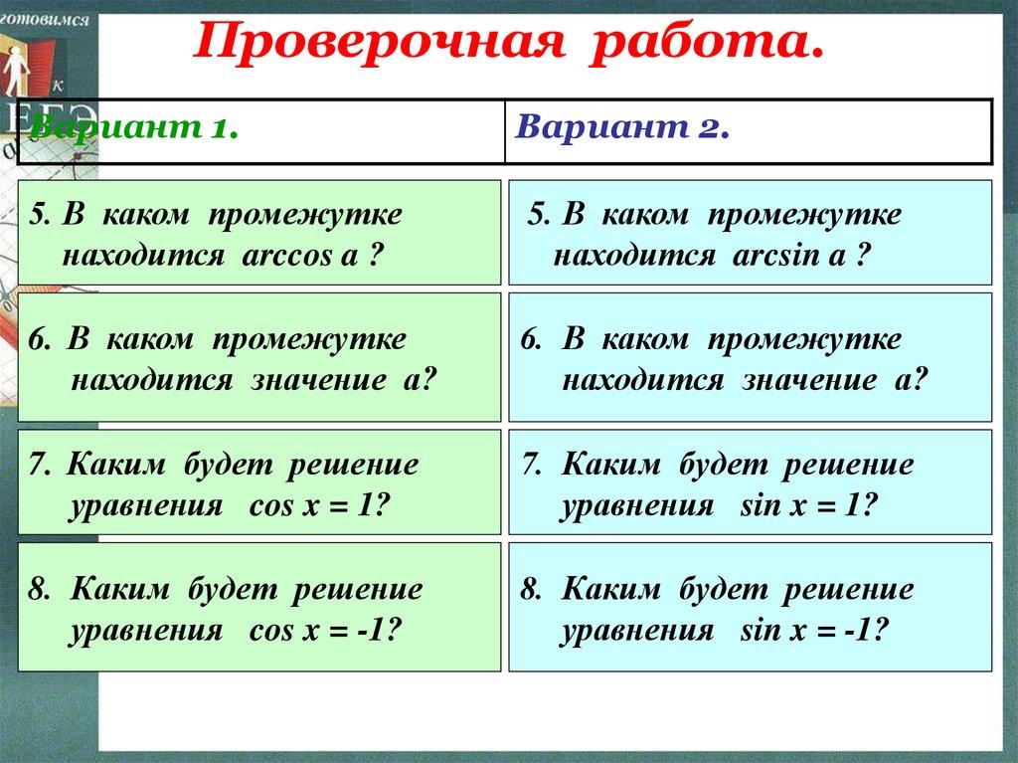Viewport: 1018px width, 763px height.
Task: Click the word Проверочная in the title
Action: pyautogui.click(x=378, y=42)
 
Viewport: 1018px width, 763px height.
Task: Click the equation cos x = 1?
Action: pyautogui.click(x=317, y=505)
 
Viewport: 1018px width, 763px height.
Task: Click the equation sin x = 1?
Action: pyautogui.click(x=807, y=505)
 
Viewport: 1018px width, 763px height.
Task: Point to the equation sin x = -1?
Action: pyautogui.click(x=814, y=631)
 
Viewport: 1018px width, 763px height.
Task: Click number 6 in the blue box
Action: pyautogui.click(x=531, y=340)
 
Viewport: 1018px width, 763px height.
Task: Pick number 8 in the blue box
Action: pyautogui.click(x=531, y=590)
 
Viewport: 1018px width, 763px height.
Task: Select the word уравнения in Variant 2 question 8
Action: pyautogui.click(x=637, y=631)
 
